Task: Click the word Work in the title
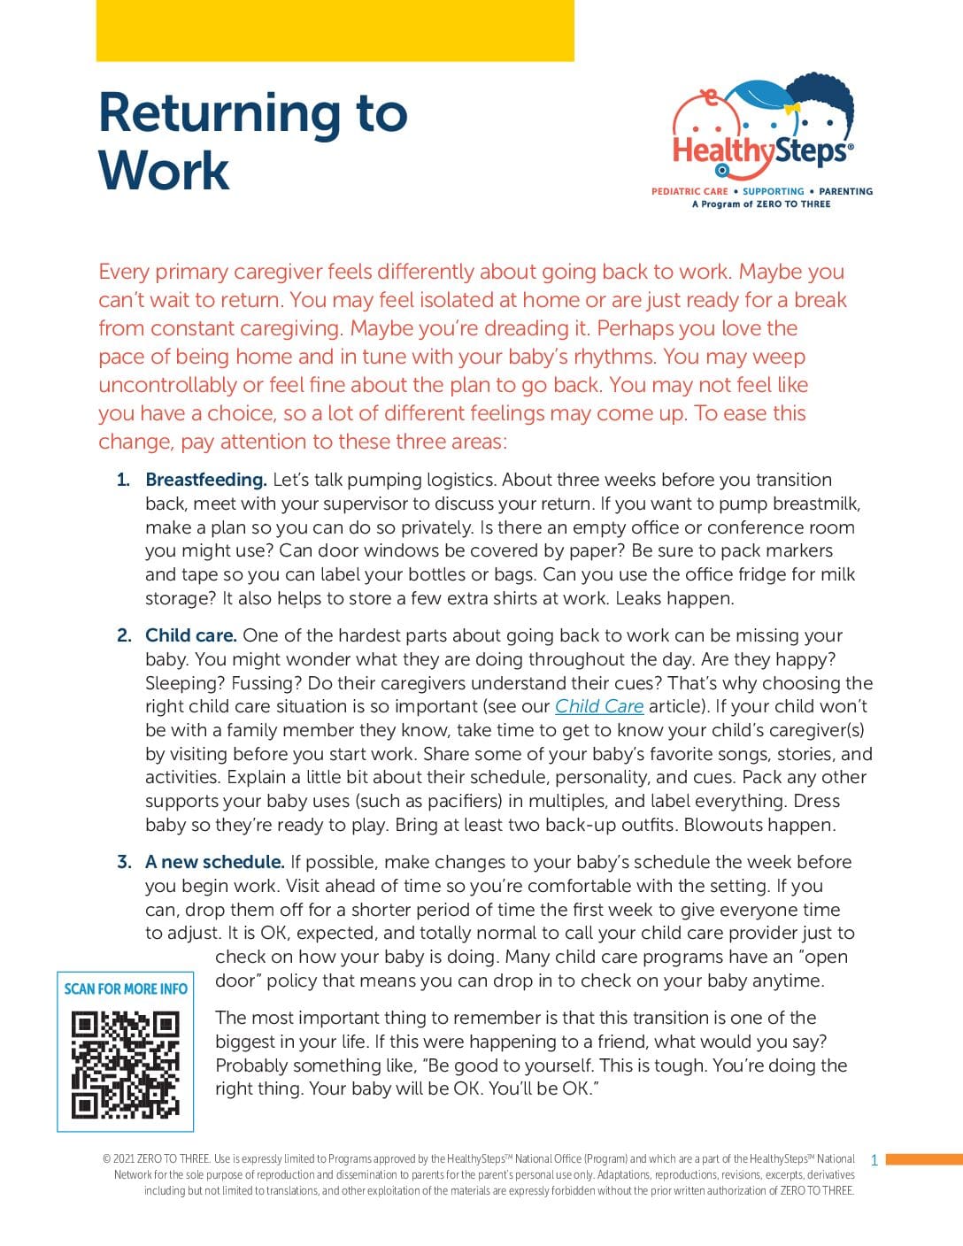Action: pos(164,171)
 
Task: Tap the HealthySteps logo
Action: pos(763,134)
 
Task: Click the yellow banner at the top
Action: pos(335,30)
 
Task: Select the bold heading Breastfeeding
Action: pos(205,480)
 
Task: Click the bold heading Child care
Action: pos(190,635)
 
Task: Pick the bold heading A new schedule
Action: pos(214,862)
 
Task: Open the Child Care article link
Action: pos(599,706)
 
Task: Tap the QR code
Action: pos(125,1065)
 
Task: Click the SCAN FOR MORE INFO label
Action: pos(126,988)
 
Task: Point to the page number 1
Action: pos(874,1160)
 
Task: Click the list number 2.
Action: pos(124,635)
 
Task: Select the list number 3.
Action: pos(124,862)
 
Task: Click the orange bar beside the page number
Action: pos(923,1159)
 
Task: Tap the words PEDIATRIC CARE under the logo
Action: pos(690,191)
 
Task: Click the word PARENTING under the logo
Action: pos(845,191)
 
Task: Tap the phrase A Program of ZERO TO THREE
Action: pos(761,204)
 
